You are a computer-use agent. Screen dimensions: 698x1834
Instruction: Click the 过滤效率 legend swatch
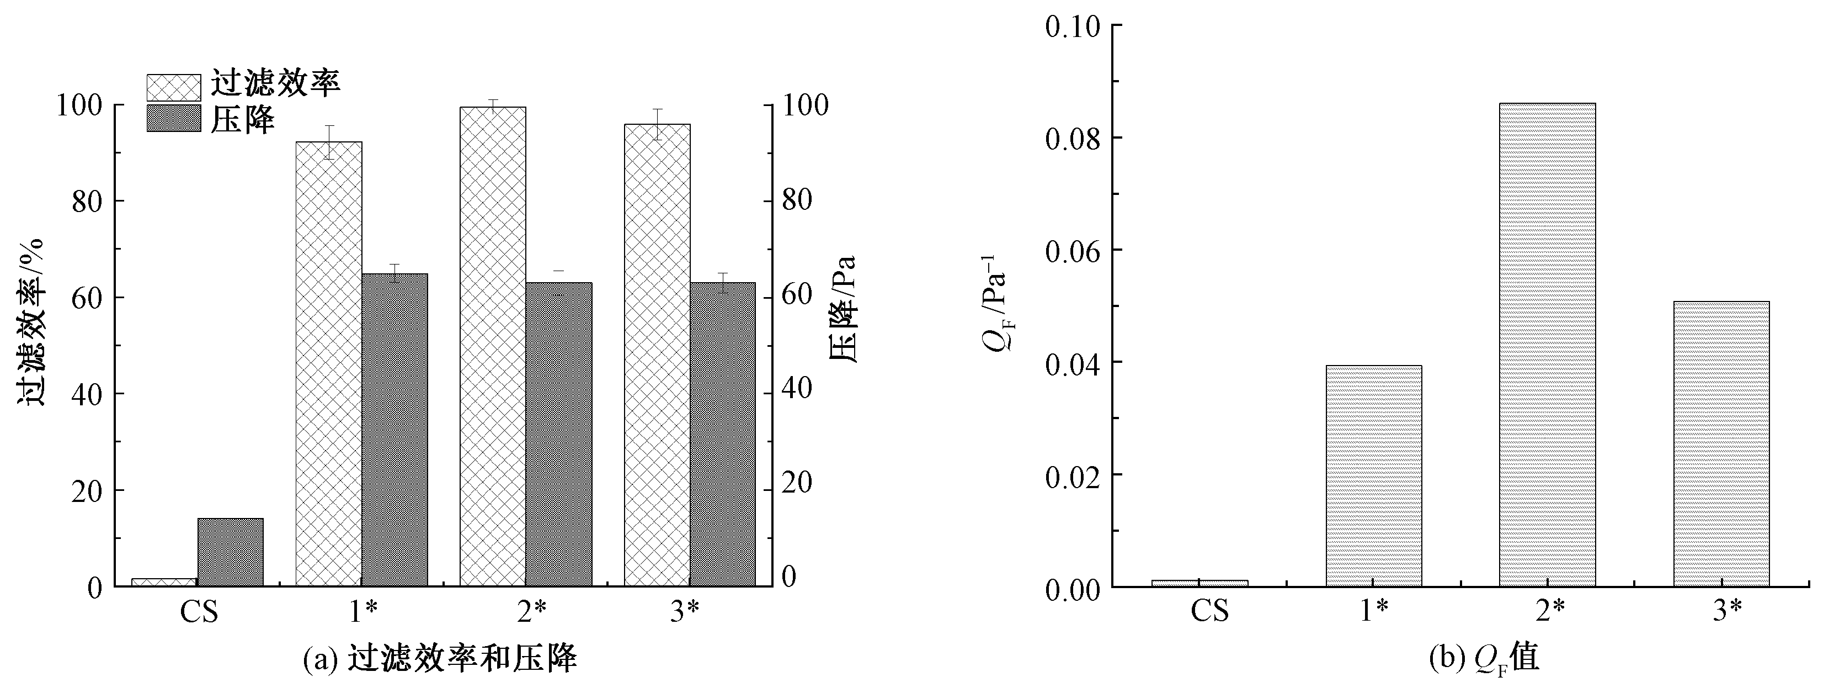[x=174, y=88]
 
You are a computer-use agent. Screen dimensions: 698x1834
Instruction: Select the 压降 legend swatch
[x=174, y=118]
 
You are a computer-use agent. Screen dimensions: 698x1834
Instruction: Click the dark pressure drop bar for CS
[x=230, y=552]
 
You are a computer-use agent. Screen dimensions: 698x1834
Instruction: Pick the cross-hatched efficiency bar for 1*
[x=328, y=363]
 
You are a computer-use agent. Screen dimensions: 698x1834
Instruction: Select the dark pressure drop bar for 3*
[x=723, y=435]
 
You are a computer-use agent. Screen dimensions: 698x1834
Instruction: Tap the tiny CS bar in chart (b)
[x=1199, y=583]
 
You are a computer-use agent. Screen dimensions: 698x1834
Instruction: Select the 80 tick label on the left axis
[x=87, y=201]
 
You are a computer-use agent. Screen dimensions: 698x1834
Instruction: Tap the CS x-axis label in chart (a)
[x=199, y=612]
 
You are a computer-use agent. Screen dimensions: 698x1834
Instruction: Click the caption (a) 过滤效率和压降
[x=439, y=659]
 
